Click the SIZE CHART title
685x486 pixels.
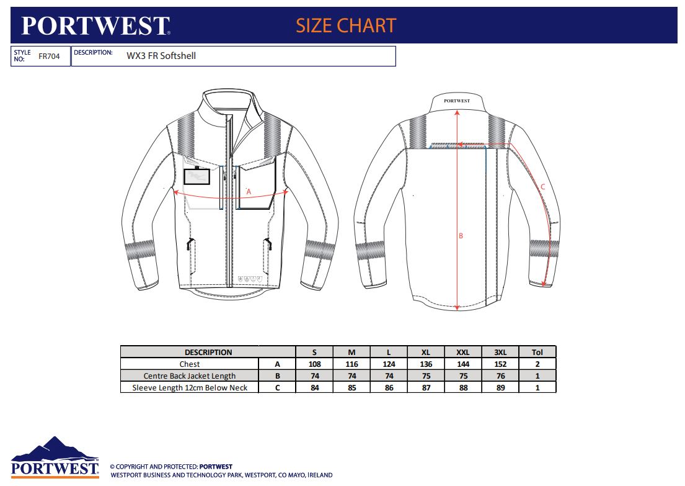point(346,25)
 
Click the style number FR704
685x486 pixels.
point(49,56)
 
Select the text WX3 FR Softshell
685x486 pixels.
point(161,56)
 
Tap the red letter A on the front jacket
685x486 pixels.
point(249,192)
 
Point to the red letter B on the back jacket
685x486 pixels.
point(461,236)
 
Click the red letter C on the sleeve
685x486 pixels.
point(542,187)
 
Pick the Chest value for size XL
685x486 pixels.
point(426,364)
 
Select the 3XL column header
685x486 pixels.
point(500,352)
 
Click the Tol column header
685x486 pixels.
point(537,352)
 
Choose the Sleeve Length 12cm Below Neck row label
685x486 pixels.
point(190,387)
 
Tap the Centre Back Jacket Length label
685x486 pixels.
point(190,376)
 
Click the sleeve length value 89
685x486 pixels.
point(501,387)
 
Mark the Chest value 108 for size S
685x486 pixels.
point(314,364)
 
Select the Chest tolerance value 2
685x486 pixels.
point(537,364)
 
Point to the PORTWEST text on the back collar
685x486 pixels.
point(457,101)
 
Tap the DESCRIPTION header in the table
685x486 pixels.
point(208,352)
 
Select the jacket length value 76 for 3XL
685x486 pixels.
point(501,376)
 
